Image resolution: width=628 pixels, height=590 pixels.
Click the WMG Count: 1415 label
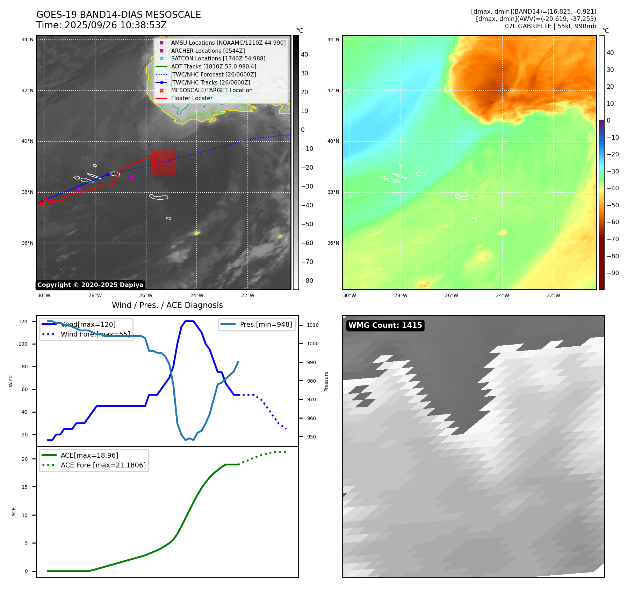tap(385, 325)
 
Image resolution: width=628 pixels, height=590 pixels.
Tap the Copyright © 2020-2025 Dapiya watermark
tap(90, 285)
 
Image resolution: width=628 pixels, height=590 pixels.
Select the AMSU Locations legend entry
tap(228, 43)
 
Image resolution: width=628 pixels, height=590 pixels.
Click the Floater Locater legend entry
tap(192, 98)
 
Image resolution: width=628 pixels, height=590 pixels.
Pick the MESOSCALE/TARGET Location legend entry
tap(211, 90)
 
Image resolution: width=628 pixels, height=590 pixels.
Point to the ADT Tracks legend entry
tap(213, 66)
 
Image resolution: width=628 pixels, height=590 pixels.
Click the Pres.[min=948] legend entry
tap(266, 324)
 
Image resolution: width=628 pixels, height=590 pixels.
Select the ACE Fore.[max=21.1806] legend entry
tap(103, 465)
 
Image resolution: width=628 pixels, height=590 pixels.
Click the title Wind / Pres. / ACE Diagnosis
tap(167, 305)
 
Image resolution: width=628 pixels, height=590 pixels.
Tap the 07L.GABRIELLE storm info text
tap(550, 26)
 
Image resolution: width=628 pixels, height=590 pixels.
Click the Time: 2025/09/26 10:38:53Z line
tap(101, 25)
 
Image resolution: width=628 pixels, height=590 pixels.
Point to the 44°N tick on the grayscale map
tap(28, 39)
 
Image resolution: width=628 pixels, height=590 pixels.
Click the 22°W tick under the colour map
tap(553, 295)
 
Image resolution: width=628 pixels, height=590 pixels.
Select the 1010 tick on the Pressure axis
tap(313, 325)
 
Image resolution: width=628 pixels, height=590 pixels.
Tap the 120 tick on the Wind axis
tap(23, 322)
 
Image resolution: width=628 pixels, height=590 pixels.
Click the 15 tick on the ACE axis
tap(24, 487)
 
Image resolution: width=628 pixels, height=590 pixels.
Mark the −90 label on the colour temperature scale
tap(613, 273)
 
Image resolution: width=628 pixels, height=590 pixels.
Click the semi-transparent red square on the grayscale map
tap(163, 162)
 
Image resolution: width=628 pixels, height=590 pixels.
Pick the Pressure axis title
tap(326, 381)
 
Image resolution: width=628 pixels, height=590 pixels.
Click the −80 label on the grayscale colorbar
tap(307, 281)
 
